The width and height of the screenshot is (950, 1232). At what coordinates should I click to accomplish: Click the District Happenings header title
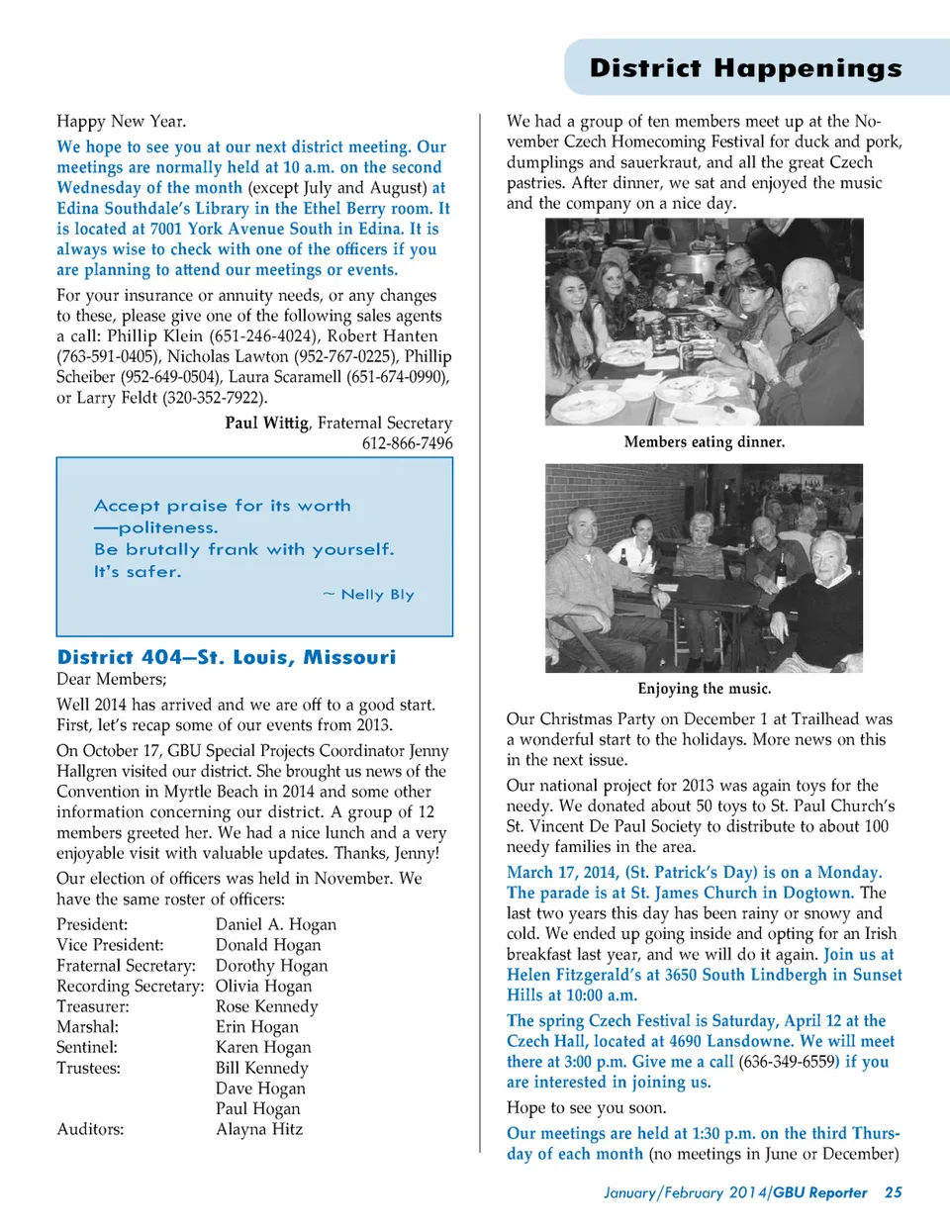745,68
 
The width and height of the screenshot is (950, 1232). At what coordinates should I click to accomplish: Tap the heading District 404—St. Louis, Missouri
227,657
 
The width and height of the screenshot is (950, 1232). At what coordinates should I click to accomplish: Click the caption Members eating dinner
704,442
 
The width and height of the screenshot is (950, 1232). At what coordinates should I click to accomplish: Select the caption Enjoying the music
704,689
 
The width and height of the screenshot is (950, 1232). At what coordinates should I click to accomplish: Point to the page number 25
893,1192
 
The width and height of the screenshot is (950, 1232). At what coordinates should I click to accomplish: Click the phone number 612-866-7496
407,443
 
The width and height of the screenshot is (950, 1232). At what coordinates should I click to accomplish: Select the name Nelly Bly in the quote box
377,595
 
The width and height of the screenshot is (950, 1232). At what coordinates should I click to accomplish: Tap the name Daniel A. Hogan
276,924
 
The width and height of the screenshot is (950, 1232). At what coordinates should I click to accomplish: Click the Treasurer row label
93,1006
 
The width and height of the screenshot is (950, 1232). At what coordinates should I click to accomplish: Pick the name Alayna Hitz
259,1129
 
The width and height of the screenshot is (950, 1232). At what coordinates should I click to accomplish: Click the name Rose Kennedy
267,1006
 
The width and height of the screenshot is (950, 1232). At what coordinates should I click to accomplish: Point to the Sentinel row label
87,1047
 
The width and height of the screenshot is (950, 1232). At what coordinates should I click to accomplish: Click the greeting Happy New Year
121,122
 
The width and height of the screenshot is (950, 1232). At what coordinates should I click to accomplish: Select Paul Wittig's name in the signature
266,424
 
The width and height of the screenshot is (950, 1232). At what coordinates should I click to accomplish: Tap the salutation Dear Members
111,679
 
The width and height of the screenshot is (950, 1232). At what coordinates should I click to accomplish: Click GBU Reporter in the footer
819,1192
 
